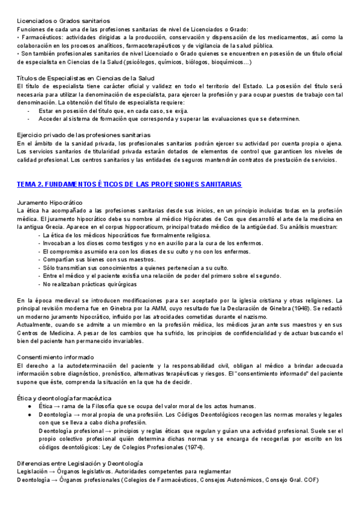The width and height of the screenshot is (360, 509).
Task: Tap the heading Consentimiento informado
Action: click(x=55, y=357)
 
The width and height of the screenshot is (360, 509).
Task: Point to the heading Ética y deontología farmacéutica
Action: click(x=64, y=398)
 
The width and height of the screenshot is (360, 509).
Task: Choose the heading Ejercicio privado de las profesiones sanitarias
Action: click(x=83, y=135)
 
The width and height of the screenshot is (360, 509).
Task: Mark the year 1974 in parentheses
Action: click(x=191, y=447)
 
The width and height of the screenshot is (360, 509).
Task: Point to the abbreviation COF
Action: click(x=312, y=481)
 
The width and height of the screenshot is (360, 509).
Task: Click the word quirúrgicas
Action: click(x=119, y=284)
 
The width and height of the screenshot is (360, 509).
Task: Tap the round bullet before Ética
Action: click(x=29, y=406)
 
